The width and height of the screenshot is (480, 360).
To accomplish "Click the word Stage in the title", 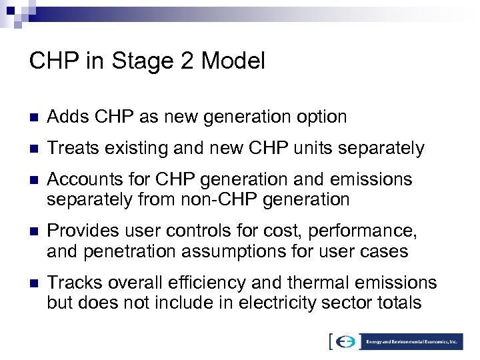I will pyautogui.click(x=144, y=61).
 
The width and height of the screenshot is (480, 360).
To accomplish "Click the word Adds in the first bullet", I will pyautogui.click(x=65, y=117).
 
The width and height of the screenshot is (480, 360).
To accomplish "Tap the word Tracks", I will pyautogui.click(x=71, y=283).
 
